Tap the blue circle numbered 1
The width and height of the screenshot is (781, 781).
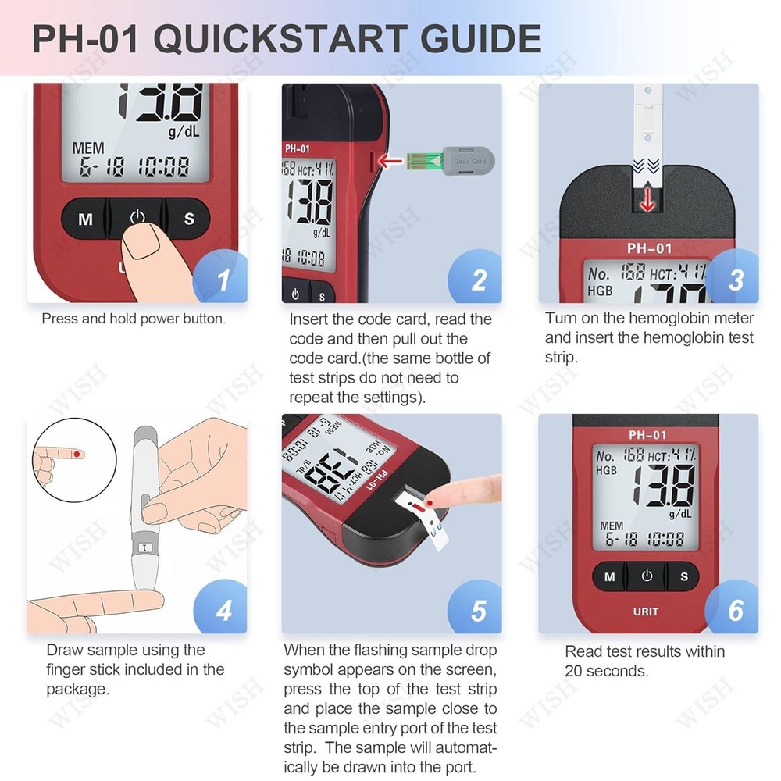[222, 280]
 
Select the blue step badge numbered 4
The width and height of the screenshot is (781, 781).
[222, 609]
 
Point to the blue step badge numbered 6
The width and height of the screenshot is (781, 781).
[734, 609]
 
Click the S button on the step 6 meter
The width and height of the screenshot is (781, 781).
[684, 577]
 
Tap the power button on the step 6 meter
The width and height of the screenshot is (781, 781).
[647, 576]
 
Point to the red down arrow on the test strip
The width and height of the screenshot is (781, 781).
[647, 201]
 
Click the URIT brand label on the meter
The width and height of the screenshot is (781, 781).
[645, 612]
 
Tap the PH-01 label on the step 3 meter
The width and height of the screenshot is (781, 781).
[648, 249]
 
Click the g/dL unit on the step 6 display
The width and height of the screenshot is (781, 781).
[679, 514]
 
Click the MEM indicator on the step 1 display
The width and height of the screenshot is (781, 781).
[88, 148]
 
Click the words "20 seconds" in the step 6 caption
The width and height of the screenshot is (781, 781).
[606, 671]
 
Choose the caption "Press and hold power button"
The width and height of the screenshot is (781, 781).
[134, 319]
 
